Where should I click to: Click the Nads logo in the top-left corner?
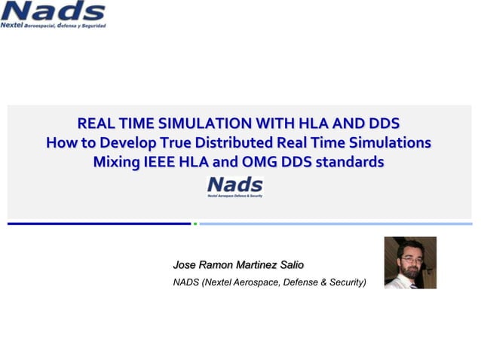coord(54,14)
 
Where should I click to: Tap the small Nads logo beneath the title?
coord(234,186)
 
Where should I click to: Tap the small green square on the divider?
coord(195,224)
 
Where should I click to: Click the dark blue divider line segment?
coord(99,224)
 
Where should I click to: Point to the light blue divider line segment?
coord(335,224)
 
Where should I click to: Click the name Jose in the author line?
coord(184,264)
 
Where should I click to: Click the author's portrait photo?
coord(410,263)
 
